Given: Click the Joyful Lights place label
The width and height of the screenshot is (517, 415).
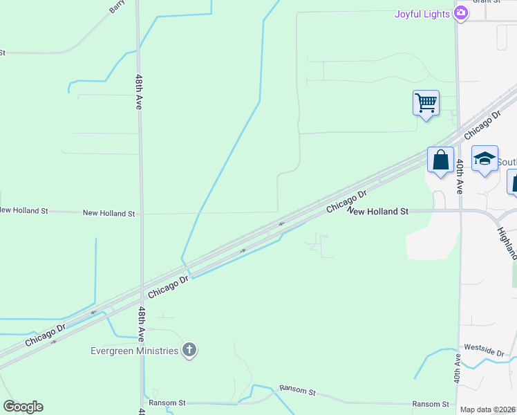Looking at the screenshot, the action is click(422, 14).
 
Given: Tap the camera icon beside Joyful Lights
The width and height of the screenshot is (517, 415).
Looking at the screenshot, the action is click(461, 13).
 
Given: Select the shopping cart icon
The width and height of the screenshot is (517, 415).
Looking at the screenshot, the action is click(426, 104).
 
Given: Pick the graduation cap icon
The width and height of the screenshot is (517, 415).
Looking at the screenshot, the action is click(485, 158).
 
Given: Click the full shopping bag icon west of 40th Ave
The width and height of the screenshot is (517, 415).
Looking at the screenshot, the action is click(440, 160).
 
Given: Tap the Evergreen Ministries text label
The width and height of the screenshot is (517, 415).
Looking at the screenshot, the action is click(135, 351).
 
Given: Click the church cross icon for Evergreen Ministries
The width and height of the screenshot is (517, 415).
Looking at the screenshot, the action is click(189, 351).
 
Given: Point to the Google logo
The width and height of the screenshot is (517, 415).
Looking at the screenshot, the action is click(23, 407).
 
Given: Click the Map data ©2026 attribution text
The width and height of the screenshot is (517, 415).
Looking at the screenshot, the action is click(488, 409).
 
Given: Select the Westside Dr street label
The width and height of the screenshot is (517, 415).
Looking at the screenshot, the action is click(484, 349).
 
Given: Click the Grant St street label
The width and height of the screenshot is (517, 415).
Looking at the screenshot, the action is click(487, 1).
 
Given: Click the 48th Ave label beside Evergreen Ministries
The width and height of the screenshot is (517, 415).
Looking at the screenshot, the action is click(141, 324).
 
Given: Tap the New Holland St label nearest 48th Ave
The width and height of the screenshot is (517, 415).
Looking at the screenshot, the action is click(109, 214).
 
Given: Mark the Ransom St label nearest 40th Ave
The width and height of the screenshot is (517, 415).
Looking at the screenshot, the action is click(431, 404).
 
